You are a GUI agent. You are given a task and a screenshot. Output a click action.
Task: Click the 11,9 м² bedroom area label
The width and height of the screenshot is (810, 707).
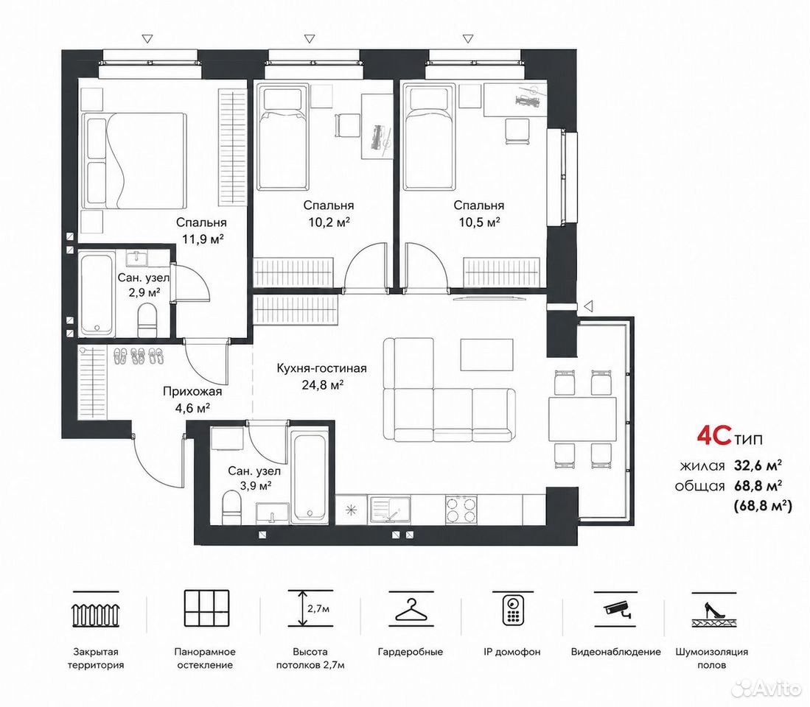[x=203, y=239]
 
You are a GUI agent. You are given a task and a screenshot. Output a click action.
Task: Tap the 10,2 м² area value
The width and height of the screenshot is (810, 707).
[x=329, y=222]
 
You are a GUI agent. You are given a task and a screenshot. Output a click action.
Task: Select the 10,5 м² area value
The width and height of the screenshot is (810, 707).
[x=479, y=222]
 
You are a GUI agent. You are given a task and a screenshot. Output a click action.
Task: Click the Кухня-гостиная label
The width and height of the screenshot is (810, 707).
[x=322, y=368]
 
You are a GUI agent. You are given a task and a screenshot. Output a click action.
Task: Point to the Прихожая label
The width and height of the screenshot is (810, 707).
[x=192, y=392]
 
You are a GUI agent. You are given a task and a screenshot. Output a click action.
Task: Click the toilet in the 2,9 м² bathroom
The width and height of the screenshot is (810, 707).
[x=147, y=320]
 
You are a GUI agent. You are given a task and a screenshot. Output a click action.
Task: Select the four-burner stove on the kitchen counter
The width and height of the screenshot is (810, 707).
[x=461, y=510]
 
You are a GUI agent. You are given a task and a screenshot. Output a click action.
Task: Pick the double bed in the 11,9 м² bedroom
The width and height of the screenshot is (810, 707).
[x=133, y=161]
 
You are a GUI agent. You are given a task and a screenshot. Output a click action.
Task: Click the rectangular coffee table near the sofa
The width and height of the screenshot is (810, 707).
[x=486, y=354]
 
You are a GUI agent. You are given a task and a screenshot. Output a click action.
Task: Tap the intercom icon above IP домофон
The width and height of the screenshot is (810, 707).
[x=513, y=610]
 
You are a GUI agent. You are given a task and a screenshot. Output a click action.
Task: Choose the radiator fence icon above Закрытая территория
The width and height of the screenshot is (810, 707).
[x=96, y=613]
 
